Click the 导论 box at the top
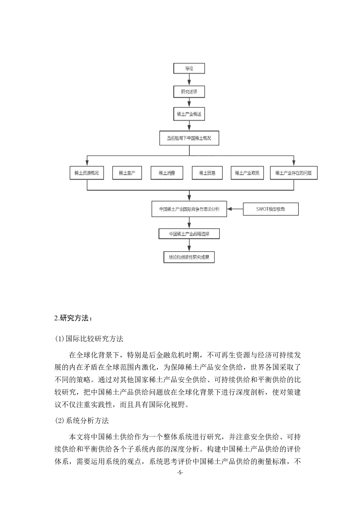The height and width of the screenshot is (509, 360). click(189, 68)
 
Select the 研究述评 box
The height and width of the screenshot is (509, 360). click(189, 92)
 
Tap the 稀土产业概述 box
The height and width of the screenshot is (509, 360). click(189, 114)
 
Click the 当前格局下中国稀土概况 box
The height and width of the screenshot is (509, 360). click(189, 138)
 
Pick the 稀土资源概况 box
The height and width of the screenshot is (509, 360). click(87, 173)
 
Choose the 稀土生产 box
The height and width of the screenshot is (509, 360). click(127, 173)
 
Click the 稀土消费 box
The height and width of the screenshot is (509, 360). click(167, 173)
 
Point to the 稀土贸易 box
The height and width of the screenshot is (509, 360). click(207, 173)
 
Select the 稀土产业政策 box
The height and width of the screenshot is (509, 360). click(247, 173)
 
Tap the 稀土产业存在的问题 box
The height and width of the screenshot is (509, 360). click(294, 173)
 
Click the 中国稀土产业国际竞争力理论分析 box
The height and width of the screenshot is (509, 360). click(189, 209)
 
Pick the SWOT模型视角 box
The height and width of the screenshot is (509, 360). click(271, 209)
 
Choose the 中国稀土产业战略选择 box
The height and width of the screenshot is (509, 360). click(189, 234)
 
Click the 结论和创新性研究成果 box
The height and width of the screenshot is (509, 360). click(189, 257)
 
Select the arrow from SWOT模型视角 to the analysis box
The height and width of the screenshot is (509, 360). click(235, 209)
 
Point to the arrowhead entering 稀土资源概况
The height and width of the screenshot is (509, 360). click(87, 163)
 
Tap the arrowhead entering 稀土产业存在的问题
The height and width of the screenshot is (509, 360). click(294, 163)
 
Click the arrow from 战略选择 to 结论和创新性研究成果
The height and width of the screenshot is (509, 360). click(189, 245)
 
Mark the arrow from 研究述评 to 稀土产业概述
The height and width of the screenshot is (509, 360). click(189, 102)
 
